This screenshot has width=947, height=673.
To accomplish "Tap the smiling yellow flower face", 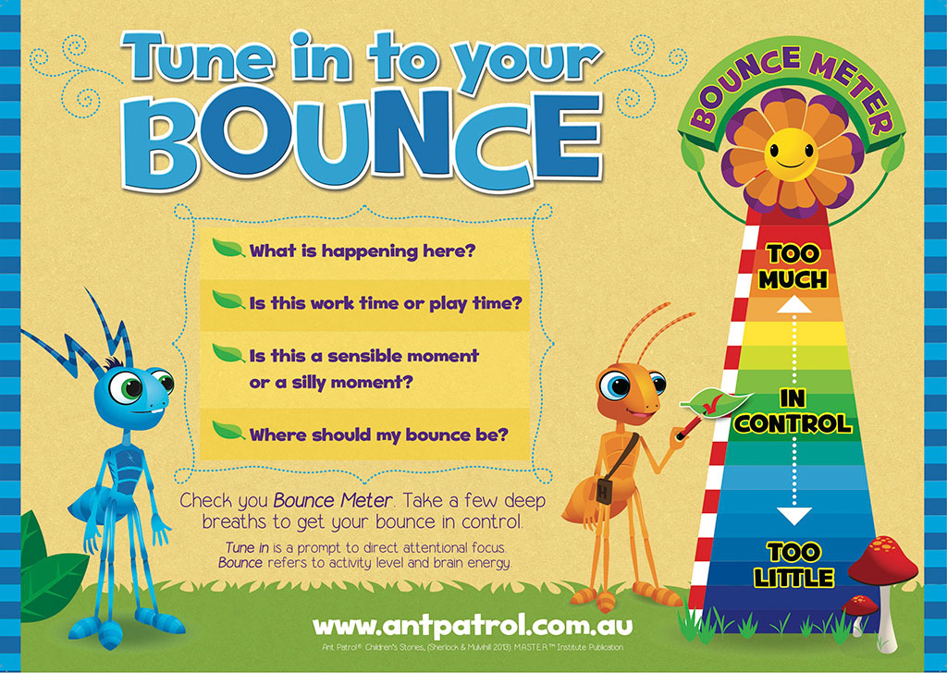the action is pos(791,153).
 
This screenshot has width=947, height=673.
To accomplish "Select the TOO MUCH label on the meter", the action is pos(793,267).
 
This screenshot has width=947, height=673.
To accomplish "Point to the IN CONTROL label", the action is pos(793,411).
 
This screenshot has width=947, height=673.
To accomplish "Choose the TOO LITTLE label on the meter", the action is pos(793,565).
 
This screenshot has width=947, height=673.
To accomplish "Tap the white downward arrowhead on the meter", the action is pos(793,516).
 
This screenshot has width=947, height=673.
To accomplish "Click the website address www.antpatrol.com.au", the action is pos(473,625).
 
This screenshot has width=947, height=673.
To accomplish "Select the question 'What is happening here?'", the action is pos(363,251).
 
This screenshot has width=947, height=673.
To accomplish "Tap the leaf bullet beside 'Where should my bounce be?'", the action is pos(228,431).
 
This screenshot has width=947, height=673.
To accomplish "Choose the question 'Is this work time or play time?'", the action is pos(386,303).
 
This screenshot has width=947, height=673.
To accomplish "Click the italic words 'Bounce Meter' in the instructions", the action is pos(333,500).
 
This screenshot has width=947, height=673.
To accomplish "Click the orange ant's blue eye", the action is pos(616,385).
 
